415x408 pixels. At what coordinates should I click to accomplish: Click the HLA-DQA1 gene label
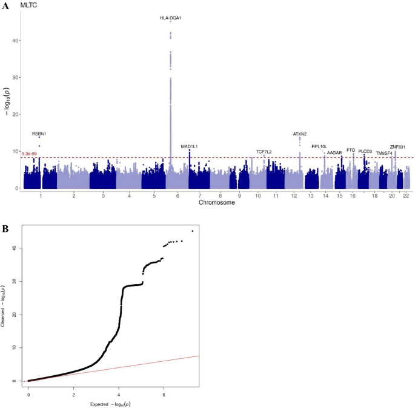pyautogui.click(x=170, y=18)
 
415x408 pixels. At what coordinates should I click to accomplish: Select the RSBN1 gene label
pyautogui.click(x=39, y=134)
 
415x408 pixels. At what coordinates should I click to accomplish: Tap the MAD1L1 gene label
pyautogui.click(x=189, y=146)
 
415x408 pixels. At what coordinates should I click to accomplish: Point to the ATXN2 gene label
pyautogui.click(x=300, y=134)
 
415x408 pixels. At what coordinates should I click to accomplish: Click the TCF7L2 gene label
pyautogui.click(x=264, y=152)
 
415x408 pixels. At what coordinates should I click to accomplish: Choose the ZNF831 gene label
pyautogui.click(x=397, y=147)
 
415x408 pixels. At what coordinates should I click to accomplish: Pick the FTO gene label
pyautogui.click(x=351, y=150)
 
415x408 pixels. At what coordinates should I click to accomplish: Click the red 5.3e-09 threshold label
pyautogui.click(x=29, y=154)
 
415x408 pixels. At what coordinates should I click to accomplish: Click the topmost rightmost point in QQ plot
pyautogui.click(x=193, y=231)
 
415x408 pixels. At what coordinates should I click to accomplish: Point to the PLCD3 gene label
pyautogui.click(x=365, y=151)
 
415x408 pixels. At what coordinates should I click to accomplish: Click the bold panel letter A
pyautogui.click(x=5, y=5)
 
